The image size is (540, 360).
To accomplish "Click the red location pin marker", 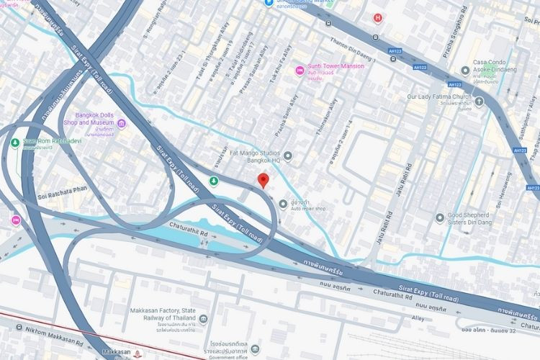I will click(x=264, y=181).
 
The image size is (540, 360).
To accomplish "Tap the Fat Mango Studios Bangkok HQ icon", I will click(x=288, y=156).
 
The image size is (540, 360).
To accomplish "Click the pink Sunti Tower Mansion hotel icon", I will click(x=300, y=70).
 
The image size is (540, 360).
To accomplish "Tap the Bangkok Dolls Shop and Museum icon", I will click(x=122, y=124).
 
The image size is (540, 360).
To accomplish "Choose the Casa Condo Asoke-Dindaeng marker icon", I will click(x=467, y=71).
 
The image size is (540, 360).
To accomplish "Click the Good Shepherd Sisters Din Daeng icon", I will click(x=440, y=217).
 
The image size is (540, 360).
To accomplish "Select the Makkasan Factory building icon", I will click(x=204, y=318).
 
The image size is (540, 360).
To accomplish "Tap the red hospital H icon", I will click(x=377, y=17).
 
